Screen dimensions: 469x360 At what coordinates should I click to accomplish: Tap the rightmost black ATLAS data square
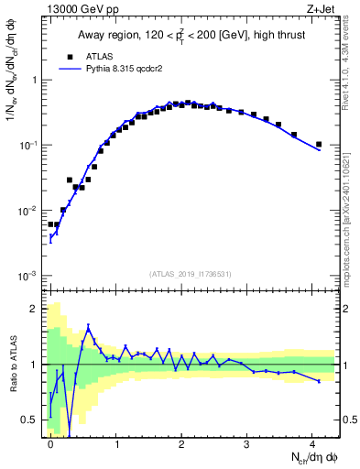coord(319,144)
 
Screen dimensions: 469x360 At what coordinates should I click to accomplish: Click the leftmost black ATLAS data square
coord(51,224)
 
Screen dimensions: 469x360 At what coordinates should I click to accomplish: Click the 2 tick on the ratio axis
coord(38,308)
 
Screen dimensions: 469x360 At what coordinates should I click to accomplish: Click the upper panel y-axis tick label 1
coord(38,80)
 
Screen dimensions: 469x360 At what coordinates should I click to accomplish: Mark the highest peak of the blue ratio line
coord(89,326)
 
